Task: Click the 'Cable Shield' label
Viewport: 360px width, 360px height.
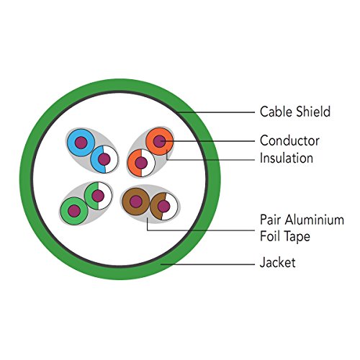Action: tap(295, 112)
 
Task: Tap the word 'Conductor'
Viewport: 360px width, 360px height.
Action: tap(289, 140)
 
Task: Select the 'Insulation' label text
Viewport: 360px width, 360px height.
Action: tap(287, 158)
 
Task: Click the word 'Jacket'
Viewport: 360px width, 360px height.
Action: tap(278, 263)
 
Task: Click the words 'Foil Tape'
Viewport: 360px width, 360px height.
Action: tap(285, 236)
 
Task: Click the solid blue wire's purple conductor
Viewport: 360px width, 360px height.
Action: tap(81, 143)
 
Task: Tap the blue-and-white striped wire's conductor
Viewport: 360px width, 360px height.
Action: tap(104, 159)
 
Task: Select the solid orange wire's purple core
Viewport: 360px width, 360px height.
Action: tap(159, 141)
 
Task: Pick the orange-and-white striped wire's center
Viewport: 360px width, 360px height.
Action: tap(141, 163)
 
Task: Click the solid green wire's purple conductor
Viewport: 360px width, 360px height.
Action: tap(74, 211)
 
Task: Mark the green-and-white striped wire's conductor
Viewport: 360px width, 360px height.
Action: tap(98, 196)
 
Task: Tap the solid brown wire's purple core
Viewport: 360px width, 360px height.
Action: tap(136, 202)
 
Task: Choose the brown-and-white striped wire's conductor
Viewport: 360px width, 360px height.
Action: tap(164, 207)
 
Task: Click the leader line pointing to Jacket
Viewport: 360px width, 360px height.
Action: tap(207, 264)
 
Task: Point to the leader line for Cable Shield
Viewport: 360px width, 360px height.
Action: tap(215, 112)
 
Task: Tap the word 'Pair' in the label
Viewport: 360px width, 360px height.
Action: tap(271, 220)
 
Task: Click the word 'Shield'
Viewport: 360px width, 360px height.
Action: tap(313, 112)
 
